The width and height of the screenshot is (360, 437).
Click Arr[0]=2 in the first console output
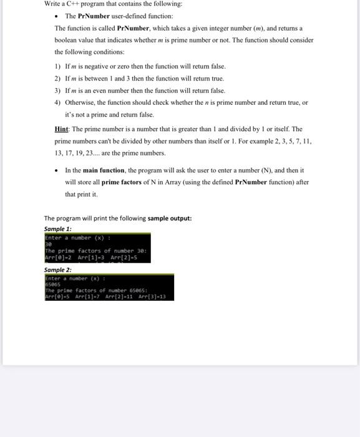[x=58, y=257]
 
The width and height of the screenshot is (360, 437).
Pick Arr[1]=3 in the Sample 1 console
[x=90, y=257]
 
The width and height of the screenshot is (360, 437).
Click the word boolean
[x=67, y=40]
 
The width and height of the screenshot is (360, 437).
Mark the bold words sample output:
[x=170, y=219]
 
